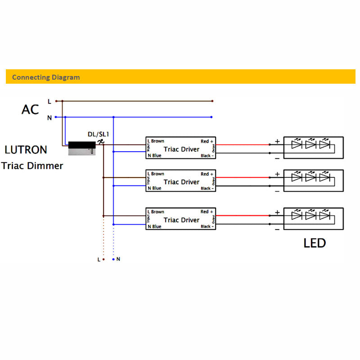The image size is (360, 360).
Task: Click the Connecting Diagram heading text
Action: pyautogui.click(x=46, y=77)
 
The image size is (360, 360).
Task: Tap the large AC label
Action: pyautogui.click(x=30, y=109)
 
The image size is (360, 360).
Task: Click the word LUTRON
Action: pyautogui.click(x=26, y=150)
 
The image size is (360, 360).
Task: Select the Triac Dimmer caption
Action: pyautogui.click(x=32, y=166)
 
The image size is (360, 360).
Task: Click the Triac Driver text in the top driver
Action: pyautogui.click(x=181, y=149)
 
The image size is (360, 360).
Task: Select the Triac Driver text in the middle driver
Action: pyautogui.click(x=181, y=182)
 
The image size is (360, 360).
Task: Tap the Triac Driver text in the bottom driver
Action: pyautogui.click(x=181, y=220)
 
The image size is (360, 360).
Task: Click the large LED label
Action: pyautogui.click(x=315, y=243)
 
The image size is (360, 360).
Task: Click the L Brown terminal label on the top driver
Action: pyautogui.click(x=156, y=141)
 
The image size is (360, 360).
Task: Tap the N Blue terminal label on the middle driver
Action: pyautogui.click(x=154, y=189)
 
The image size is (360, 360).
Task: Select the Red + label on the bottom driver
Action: pyautogui.click(x=207, y=211)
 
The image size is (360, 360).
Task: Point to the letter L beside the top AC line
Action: pyautogui.click(x=49, y=102)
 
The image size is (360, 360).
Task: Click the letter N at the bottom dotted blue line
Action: pyautogui.click(x=118, y=259)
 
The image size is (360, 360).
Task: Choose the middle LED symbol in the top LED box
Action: pyautogui.click(x=310, y=144)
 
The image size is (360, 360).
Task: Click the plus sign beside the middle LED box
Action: pyautogui.click(x=277, y=174)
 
